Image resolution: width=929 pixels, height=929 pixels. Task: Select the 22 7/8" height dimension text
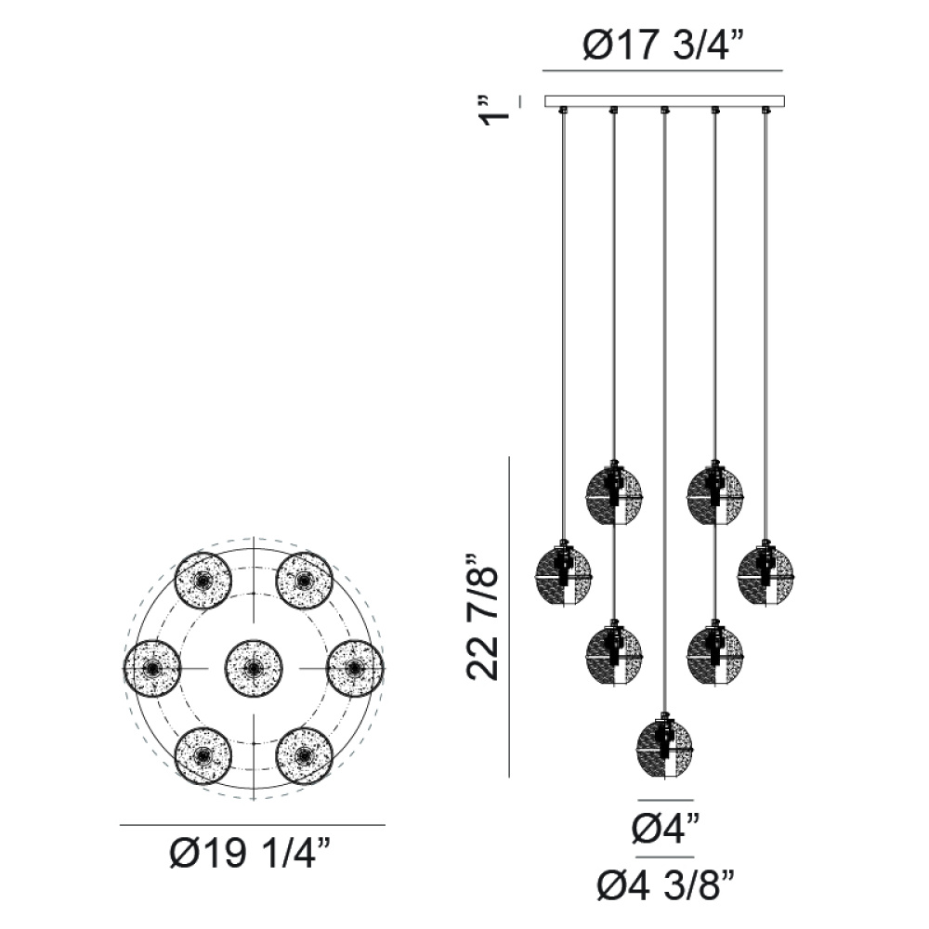[x=482, y=618]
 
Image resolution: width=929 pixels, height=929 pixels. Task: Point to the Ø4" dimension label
[x=665, y=829]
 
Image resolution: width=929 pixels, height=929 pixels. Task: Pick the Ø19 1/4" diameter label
[x=249, y=854]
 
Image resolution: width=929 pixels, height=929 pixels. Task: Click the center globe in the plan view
[x=254, y=668]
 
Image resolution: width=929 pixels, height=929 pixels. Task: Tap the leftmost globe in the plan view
[x=152, y=668]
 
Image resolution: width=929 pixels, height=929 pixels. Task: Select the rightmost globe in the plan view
[x=354, y=668]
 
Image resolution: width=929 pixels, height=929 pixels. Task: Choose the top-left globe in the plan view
[x=203, y=581]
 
